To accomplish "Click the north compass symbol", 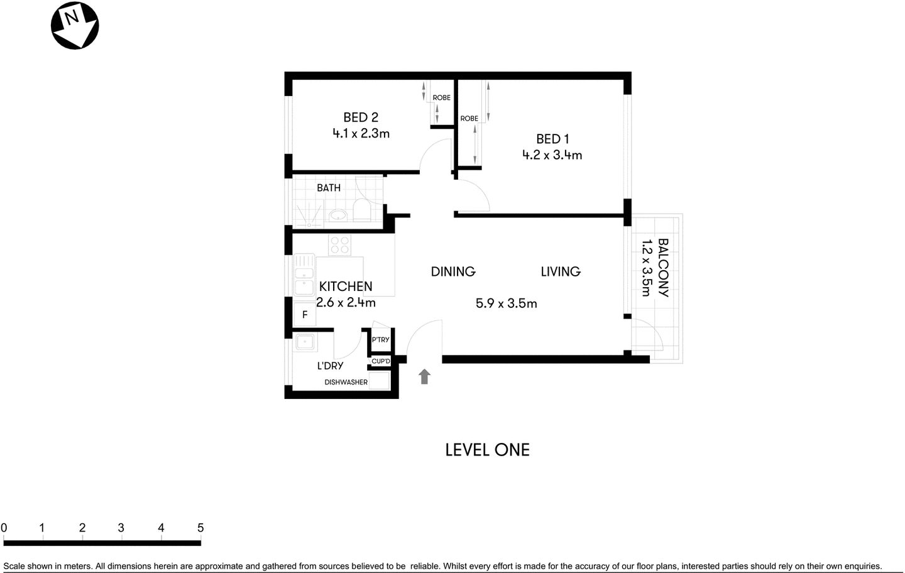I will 75,25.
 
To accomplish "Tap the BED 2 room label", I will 361,117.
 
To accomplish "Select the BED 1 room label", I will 552,139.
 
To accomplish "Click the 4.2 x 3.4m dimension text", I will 552,155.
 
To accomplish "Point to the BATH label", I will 329,188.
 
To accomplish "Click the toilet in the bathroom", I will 361,210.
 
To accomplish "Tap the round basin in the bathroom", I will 338,216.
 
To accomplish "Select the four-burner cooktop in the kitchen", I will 340,245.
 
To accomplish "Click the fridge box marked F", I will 305,315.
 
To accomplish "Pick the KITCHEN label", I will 346,286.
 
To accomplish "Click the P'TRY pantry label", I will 380,340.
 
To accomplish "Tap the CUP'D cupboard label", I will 381,361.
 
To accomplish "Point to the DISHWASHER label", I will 346,382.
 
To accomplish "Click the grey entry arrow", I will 425,376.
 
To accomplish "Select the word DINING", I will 453,271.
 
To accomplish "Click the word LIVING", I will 561,271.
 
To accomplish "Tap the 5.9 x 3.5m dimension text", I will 506,303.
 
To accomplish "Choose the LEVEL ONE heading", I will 487,450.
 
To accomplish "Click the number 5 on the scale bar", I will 200,528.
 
